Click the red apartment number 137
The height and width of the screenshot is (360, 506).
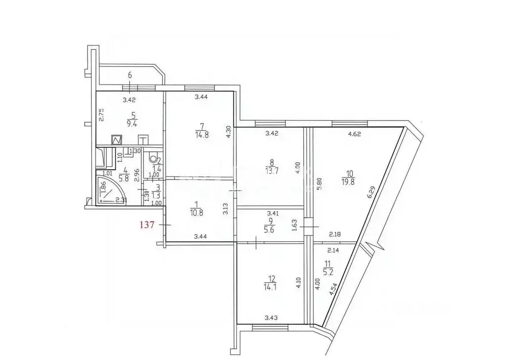(x=148, y=224)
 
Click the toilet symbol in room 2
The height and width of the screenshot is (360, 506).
(x=153, y=160)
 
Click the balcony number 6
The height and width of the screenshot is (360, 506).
(x=130, y=75)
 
